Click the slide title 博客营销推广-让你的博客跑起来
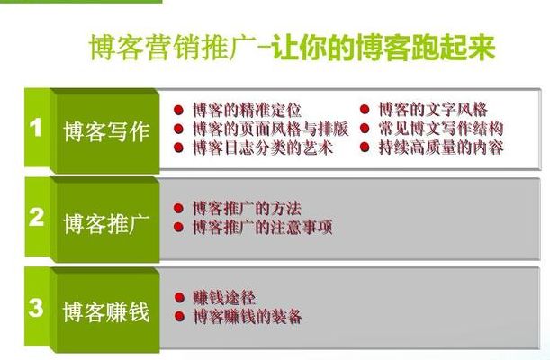293,48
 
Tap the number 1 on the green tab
36,127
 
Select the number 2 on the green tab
36,217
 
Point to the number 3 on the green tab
36,308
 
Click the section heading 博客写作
106,131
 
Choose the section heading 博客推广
106,223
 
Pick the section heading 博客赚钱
106,312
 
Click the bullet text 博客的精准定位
248,110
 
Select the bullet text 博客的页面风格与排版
271,129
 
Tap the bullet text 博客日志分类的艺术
263,148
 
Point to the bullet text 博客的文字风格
434,110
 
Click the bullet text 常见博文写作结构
441,129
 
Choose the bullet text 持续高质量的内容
441,148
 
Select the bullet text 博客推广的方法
248,209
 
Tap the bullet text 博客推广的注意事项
263,227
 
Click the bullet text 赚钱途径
224,298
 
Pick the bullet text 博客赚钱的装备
248,317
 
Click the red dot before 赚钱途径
179,298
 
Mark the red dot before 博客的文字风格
365,110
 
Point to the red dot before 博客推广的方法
178,209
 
